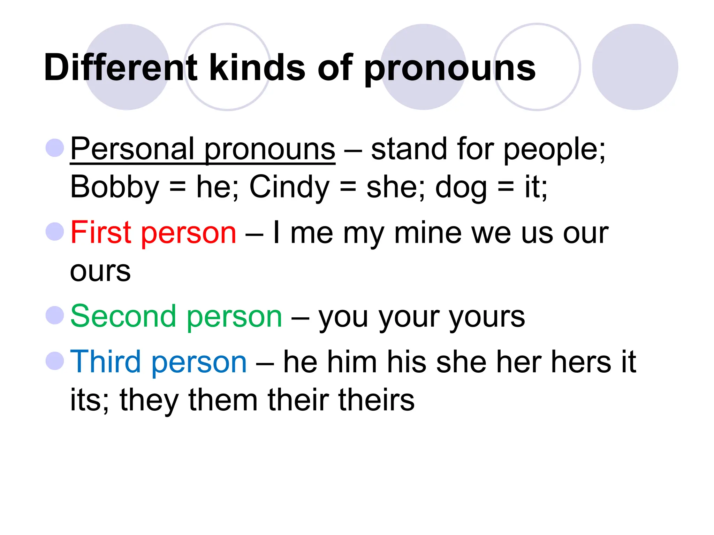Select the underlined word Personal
(x=132, y=149)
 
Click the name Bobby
(x=115, y=187)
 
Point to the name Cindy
(x=289, y=187)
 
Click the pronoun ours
(x=100, y=271)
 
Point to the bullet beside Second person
(x=55, y=315)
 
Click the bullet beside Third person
(x=55, y=360)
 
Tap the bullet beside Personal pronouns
(x=55, y=148)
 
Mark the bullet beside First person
(x=55, y=231)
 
